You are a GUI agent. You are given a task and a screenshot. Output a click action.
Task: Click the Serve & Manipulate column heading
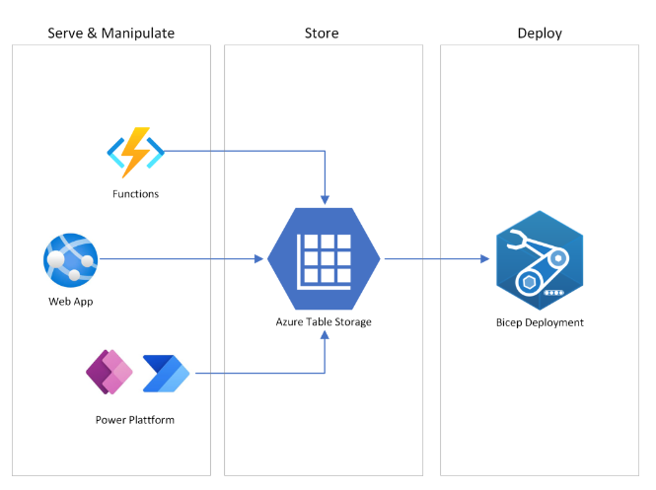point(110,34)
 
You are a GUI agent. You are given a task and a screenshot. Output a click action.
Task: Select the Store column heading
point(322,34)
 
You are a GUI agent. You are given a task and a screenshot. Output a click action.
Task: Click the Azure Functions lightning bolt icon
point(135,152)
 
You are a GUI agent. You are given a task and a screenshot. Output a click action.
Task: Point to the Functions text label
point(135,194)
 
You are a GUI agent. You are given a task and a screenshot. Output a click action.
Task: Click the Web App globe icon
point(70,260)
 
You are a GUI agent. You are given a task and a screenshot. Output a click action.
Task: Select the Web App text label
point(70,302)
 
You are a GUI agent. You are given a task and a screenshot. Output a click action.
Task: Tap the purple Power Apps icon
point(109,373)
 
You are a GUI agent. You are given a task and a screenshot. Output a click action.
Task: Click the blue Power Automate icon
point(166,373)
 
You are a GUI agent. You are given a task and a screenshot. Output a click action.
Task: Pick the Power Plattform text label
point(135,420)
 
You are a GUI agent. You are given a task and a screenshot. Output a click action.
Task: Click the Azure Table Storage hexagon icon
point(324,259)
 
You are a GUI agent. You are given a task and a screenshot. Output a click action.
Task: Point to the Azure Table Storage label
point(324,322)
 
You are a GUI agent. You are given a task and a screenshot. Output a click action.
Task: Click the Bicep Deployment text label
point(539,322)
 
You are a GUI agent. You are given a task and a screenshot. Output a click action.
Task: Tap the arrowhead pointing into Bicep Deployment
point(484,259)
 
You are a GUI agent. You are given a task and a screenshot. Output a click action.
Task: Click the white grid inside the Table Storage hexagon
point(324,258)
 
